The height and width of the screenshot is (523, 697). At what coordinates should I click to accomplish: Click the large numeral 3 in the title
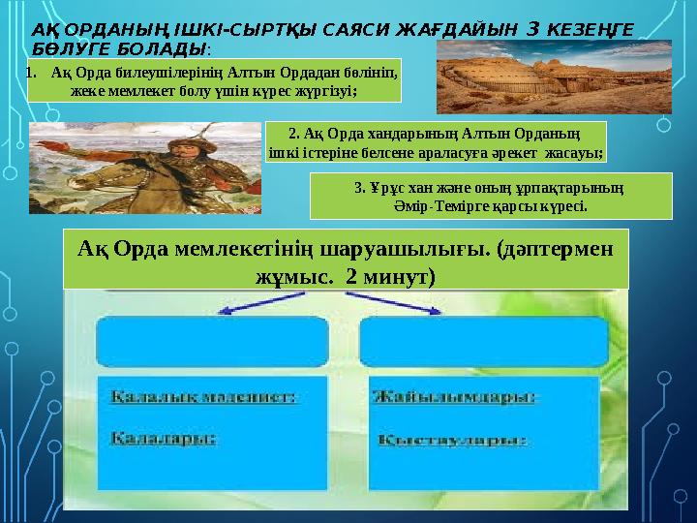[x=530, y=30]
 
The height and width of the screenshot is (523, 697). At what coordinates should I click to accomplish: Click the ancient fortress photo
[x=553, y=77]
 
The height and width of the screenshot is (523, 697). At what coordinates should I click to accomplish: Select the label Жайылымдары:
[x=454, y=396]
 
